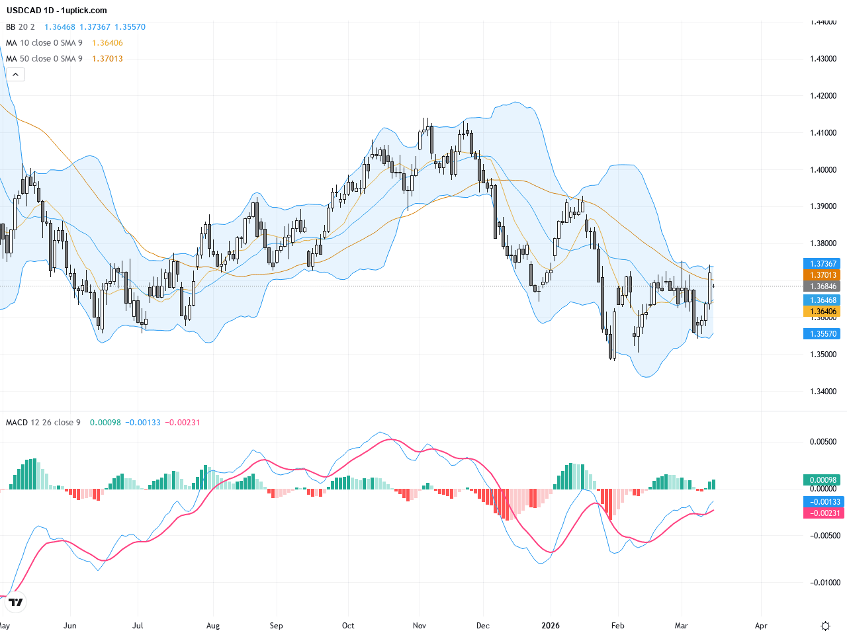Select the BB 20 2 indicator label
[20, 27]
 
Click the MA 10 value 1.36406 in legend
[107, 43]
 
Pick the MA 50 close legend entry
[44, 59]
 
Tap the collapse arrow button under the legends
[15, 75]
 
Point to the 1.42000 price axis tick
[823, 96]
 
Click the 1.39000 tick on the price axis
[823, 206]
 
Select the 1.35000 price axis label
[823, 355]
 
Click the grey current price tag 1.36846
[823, 286]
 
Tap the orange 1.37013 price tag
[823, 275]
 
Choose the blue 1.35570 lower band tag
[823, 334]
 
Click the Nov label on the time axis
[419, 626]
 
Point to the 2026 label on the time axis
[551, 626]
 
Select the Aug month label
[213, 626]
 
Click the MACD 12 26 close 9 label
[43, 423]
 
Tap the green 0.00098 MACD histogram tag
[823, 480]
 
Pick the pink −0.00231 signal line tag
[823, 513]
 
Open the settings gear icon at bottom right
[825, 626]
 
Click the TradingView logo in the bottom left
[15, 602]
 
